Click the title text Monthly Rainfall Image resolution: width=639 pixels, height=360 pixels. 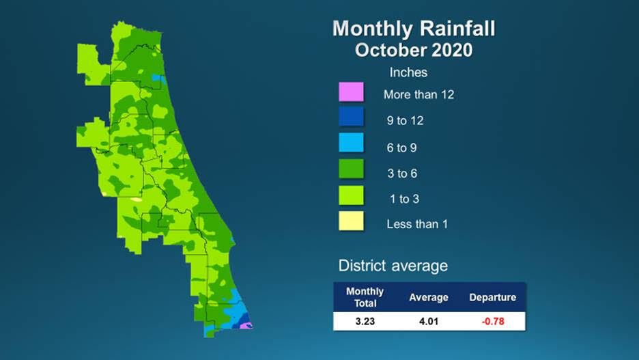(x=413, y=29)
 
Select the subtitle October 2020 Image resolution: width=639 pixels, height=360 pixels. (x=414, y=51)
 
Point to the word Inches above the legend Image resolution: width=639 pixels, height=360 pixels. (x=408, y=72)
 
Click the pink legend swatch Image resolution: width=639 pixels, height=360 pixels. (x=351, y=93)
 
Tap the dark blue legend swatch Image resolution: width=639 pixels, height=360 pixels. (x=351, y=119)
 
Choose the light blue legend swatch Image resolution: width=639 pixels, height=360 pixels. (x=351, y=145)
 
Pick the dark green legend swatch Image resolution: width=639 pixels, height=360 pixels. (x=351, y=171)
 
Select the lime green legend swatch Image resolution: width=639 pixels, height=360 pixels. (x=351, y=197)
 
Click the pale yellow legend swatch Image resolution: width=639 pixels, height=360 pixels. (x=351, y=222)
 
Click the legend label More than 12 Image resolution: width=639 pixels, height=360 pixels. (x=418, y=95)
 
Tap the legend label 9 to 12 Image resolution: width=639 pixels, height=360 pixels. (x=406, y=121)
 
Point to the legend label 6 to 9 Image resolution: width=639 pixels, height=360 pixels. (x=402, y=148)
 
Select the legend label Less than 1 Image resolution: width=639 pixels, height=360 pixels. (x=417, y=224)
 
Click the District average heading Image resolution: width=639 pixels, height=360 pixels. (x=393, y=266)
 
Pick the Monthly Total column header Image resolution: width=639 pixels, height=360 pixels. (x=365, y=297)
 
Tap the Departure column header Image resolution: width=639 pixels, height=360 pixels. (x=492, y=297)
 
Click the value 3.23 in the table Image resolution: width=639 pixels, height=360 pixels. (x=365, y=321)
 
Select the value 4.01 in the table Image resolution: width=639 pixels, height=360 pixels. (x=428, y=321)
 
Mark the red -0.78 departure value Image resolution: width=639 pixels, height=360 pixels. (x=492, y=321)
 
